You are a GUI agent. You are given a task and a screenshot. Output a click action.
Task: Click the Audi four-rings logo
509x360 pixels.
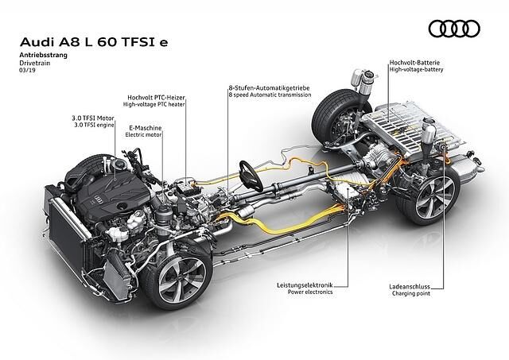point(456,29)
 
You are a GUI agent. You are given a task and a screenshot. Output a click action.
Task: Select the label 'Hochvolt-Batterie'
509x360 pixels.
point(415,62)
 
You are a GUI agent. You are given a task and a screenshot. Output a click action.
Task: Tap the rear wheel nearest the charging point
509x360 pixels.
point(425,194)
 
